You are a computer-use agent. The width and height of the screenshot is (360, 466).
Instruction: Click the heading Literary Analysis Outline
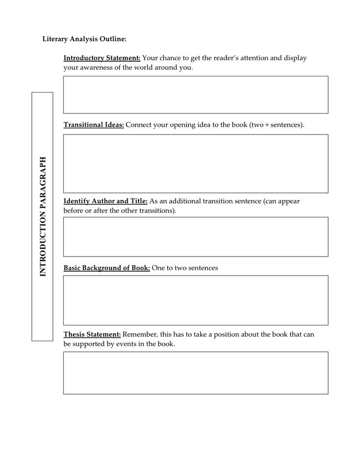pos(84,38)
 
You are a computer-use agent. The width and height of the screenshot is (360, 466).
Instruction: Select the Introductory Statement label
pos(102,58)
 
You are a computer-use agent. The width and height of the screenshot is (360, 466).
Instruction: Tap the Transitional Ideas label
pos(94,125)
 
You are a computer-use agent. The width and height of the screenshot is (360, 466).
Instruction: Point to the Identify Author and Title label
pos(105,201)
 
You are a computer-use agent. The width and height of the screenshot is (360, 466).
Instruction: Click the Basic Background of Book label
pos(107,268)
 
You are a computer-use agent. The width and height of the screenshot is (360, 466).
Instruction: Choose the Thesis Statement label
pos(92,335)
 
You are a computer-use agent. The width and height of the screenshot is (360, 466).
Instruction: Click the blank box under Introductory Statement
pos(196,94)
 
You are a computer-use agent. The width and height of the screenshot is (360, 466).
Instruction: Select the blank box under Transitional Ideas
pos(196,163)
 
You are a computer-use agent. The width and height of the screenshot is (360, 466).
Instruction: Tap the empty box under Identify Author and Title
pos(196,237)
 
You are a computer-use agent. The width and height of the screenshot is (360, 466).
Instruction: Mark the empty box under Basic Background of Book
pos(196,300)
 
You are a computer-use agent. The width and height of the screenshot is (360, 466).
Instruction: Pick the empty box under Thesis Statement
pos(196,373)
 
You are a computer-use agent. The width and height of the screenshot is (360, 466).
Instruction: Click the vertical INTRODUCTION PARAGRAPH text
pos(43,216)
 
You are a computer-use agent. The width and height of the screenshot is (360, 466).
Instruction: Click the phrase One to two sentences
pos(185,268)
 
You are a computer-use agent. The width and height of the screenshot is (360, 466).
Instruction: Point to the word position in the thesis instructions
pos(229,335)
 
